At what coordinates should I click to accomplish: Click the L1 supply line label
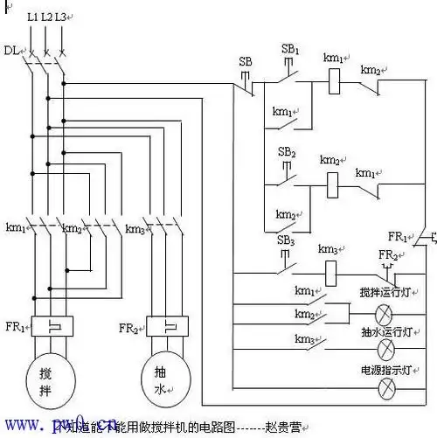(x=32, y=17)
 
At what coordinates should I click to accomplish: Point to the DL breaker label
(x=10, y=51)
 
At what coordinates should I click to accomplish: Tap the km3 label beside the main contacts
(x=135, y=229)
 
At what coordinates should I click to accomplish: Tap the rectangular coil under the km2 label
(x=331, y=184)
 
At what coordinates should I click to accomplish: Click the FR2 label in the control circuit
(x=387, y=254)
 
